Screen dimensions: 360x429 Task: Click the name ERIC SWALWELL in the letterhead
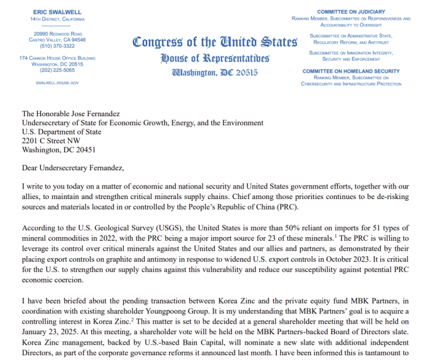tap(57, 12)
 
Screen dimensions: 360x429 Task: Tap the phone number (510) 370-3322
tap(57, 46)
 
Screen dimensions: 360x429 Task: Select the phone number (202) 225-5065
tap(57, 70)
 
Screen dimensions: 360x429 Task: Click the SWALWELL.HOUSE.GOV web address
tap(57, 83)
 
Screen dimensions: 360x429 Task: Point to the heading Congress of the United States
tap(215, 42)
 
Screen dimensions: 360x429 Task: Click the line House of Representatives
tap(214, 58)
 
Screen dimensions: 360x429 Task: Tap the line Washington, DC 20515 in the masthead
tap(214, 73)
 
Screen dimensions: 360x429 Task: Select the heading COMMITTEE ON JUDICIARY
tap(351, 12)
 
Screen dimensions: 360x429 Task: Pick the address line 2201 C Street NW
tap(51, 141)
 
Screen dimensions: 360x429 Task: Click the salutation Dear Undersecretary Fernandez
tap(73, 168)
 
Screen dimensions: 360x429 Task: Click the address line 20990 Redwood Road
tap(57, 33)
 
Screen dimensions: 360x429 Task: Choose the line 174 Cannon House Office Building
tap(57, 58)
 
